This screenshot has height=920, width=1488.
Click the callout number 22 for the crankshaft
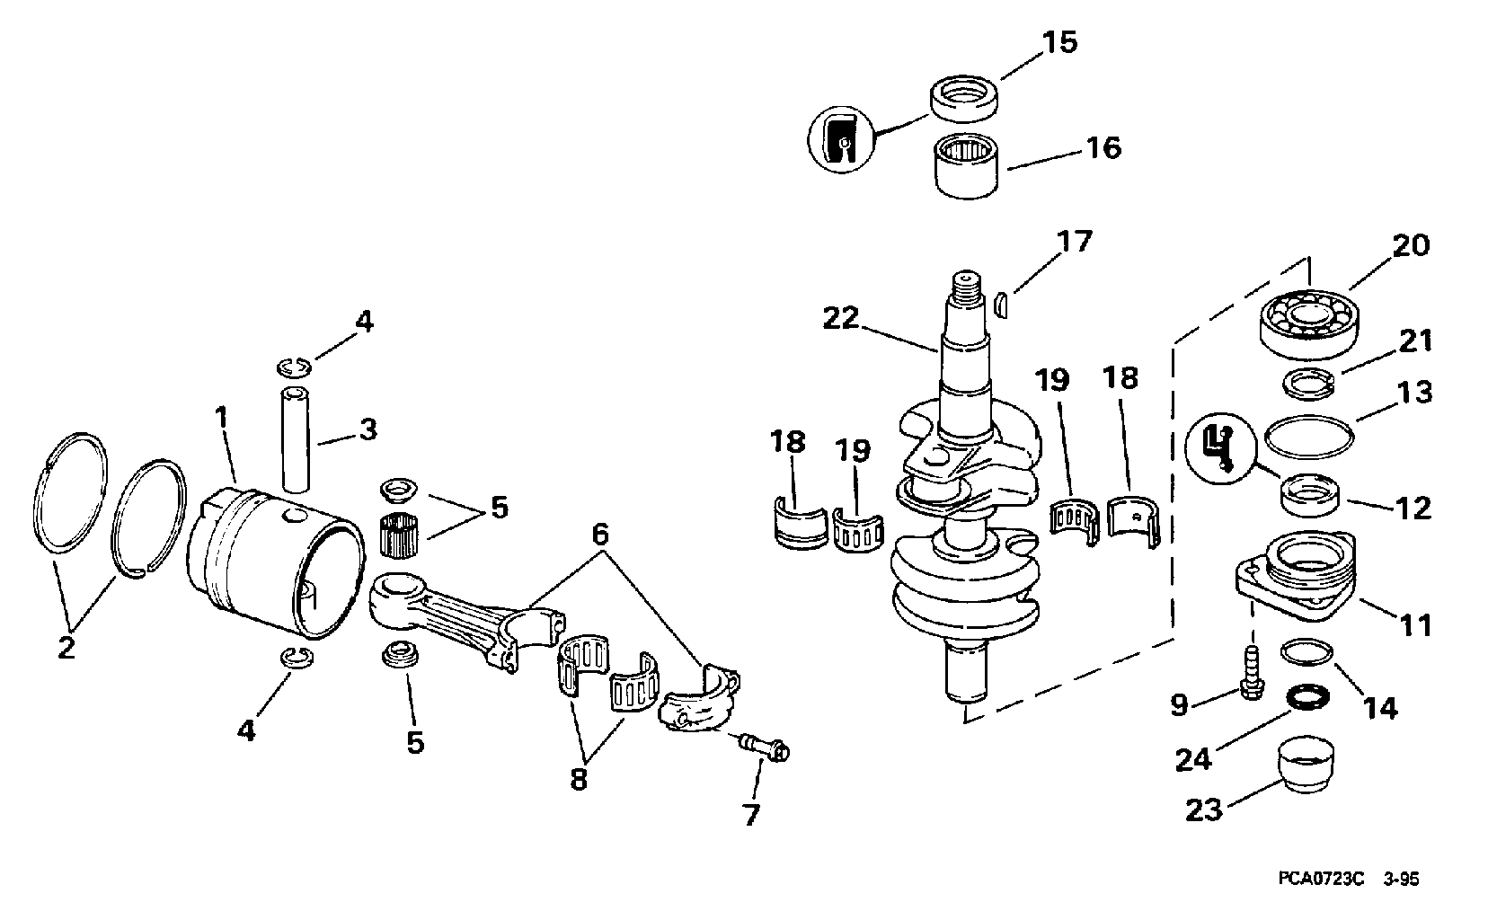tap(840, 318)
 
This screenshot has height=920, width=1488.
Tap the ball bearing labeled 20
tap(1308, 323)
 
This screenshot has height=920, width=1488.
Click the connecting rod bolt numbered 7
tap(763, 746)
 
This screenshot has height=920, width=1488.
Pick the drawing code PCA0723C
tap(1320, 879)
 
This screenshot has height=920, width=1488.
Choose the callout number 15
tap(1059, 43)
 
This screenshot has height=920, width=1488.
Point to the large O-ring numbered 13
tap(1309, 437)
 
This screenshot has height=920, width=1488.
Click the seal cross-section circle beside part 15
tap(842, 139)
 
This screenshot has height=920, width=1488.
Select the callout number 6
tap(600, 533)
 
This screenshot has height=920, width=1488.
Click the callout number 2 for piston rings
tap(66, 648)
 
